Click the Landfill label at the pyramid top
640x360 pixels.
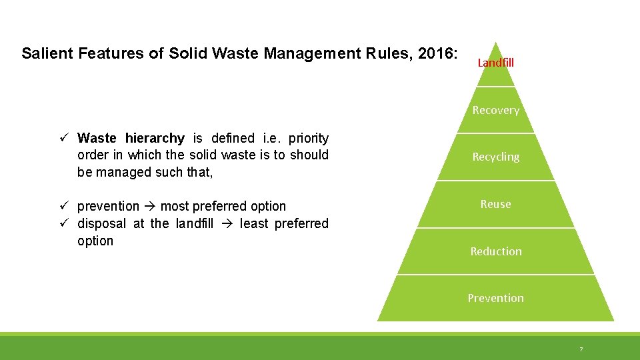coord(495,63)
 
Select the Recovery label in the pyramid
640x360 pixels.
coord(495,110)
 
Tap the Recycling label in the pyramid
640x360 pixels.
coord(495,157)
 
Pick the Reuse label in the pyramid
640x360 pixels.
coord(495,204)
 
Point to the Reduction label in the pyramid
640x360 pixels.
coord(495,251)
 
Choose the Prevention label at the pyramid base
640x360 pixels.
coord(495,298)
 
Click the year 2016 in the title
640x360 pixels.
coord(437,53)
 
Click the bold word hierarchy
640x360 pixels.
coord(155,139)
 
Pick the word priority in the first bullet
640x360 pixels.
coord(309,139)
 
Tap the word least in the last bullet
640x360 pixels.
coord(255,224)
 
